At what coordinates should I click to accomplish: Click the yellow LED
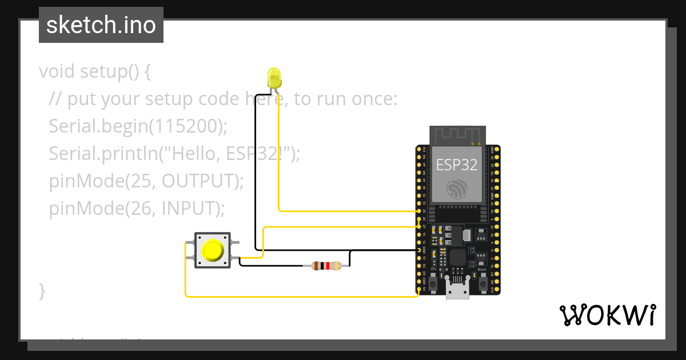274,77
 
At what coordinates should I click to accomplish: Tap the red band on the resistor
326,265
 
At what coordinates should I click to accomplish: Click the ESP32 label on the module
457,165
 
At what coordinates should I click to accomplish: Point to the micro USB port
457,291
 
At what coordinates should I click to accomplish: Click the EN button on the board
434,283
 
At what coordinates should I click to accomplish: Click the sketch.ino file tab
101,25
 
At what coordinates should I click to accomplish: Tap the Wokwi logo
607,315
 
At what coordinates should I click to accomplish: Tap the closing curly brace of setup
42,290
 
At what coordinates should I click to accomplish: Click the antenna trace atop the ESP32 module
457,135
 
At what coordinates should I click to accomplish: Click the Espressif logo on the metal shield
457,189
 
